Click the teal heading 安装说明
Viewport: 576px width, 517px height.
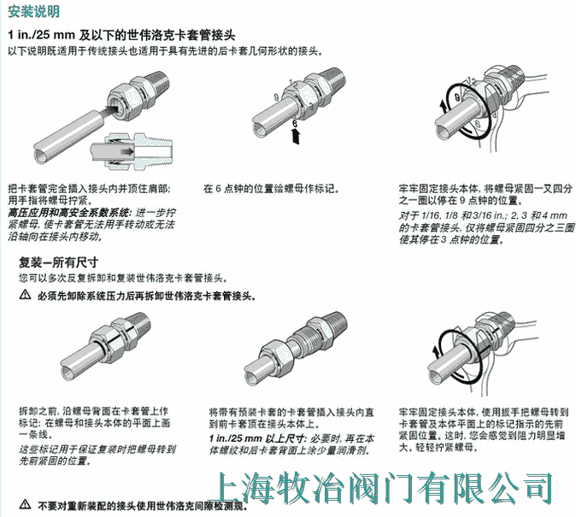(33, 11)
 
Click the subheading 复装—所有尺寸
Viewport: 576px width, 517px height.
(59, 262)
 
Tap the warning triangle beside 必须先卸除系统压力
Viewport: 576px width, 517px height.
(25, 295)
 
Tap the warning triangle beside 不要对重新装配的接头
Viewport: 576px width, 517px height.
(25, 504)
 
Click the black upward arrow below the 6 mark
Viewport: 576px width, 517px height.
(295, 137)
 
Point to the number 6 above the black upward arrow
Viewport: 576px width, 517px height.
(294, 124)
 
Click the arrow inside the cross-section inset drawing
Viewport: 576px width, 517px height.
(126, 151)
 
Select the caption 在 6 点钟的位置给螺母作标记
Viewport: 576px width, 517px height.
(271, 189)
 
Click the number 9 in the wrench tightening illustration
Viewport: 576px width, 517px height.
(457, 97)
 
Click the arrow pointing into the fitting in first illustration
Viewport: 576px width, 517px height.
(111, 109)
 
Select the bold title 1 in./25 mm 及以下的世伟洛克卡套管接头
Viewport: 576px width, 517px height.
(121, 35)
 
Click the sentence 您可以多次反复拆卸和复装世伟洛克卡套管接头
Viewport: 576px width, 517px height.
(123, 279)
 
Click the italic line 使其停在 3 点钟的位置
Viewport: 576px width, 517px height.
(450, 240)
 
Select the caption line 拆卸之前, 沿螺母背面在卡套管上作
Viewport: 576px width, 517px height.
(94, 411)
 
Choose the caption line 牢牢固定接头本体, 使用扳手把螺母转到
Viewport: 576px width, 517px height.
(484, 412)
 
